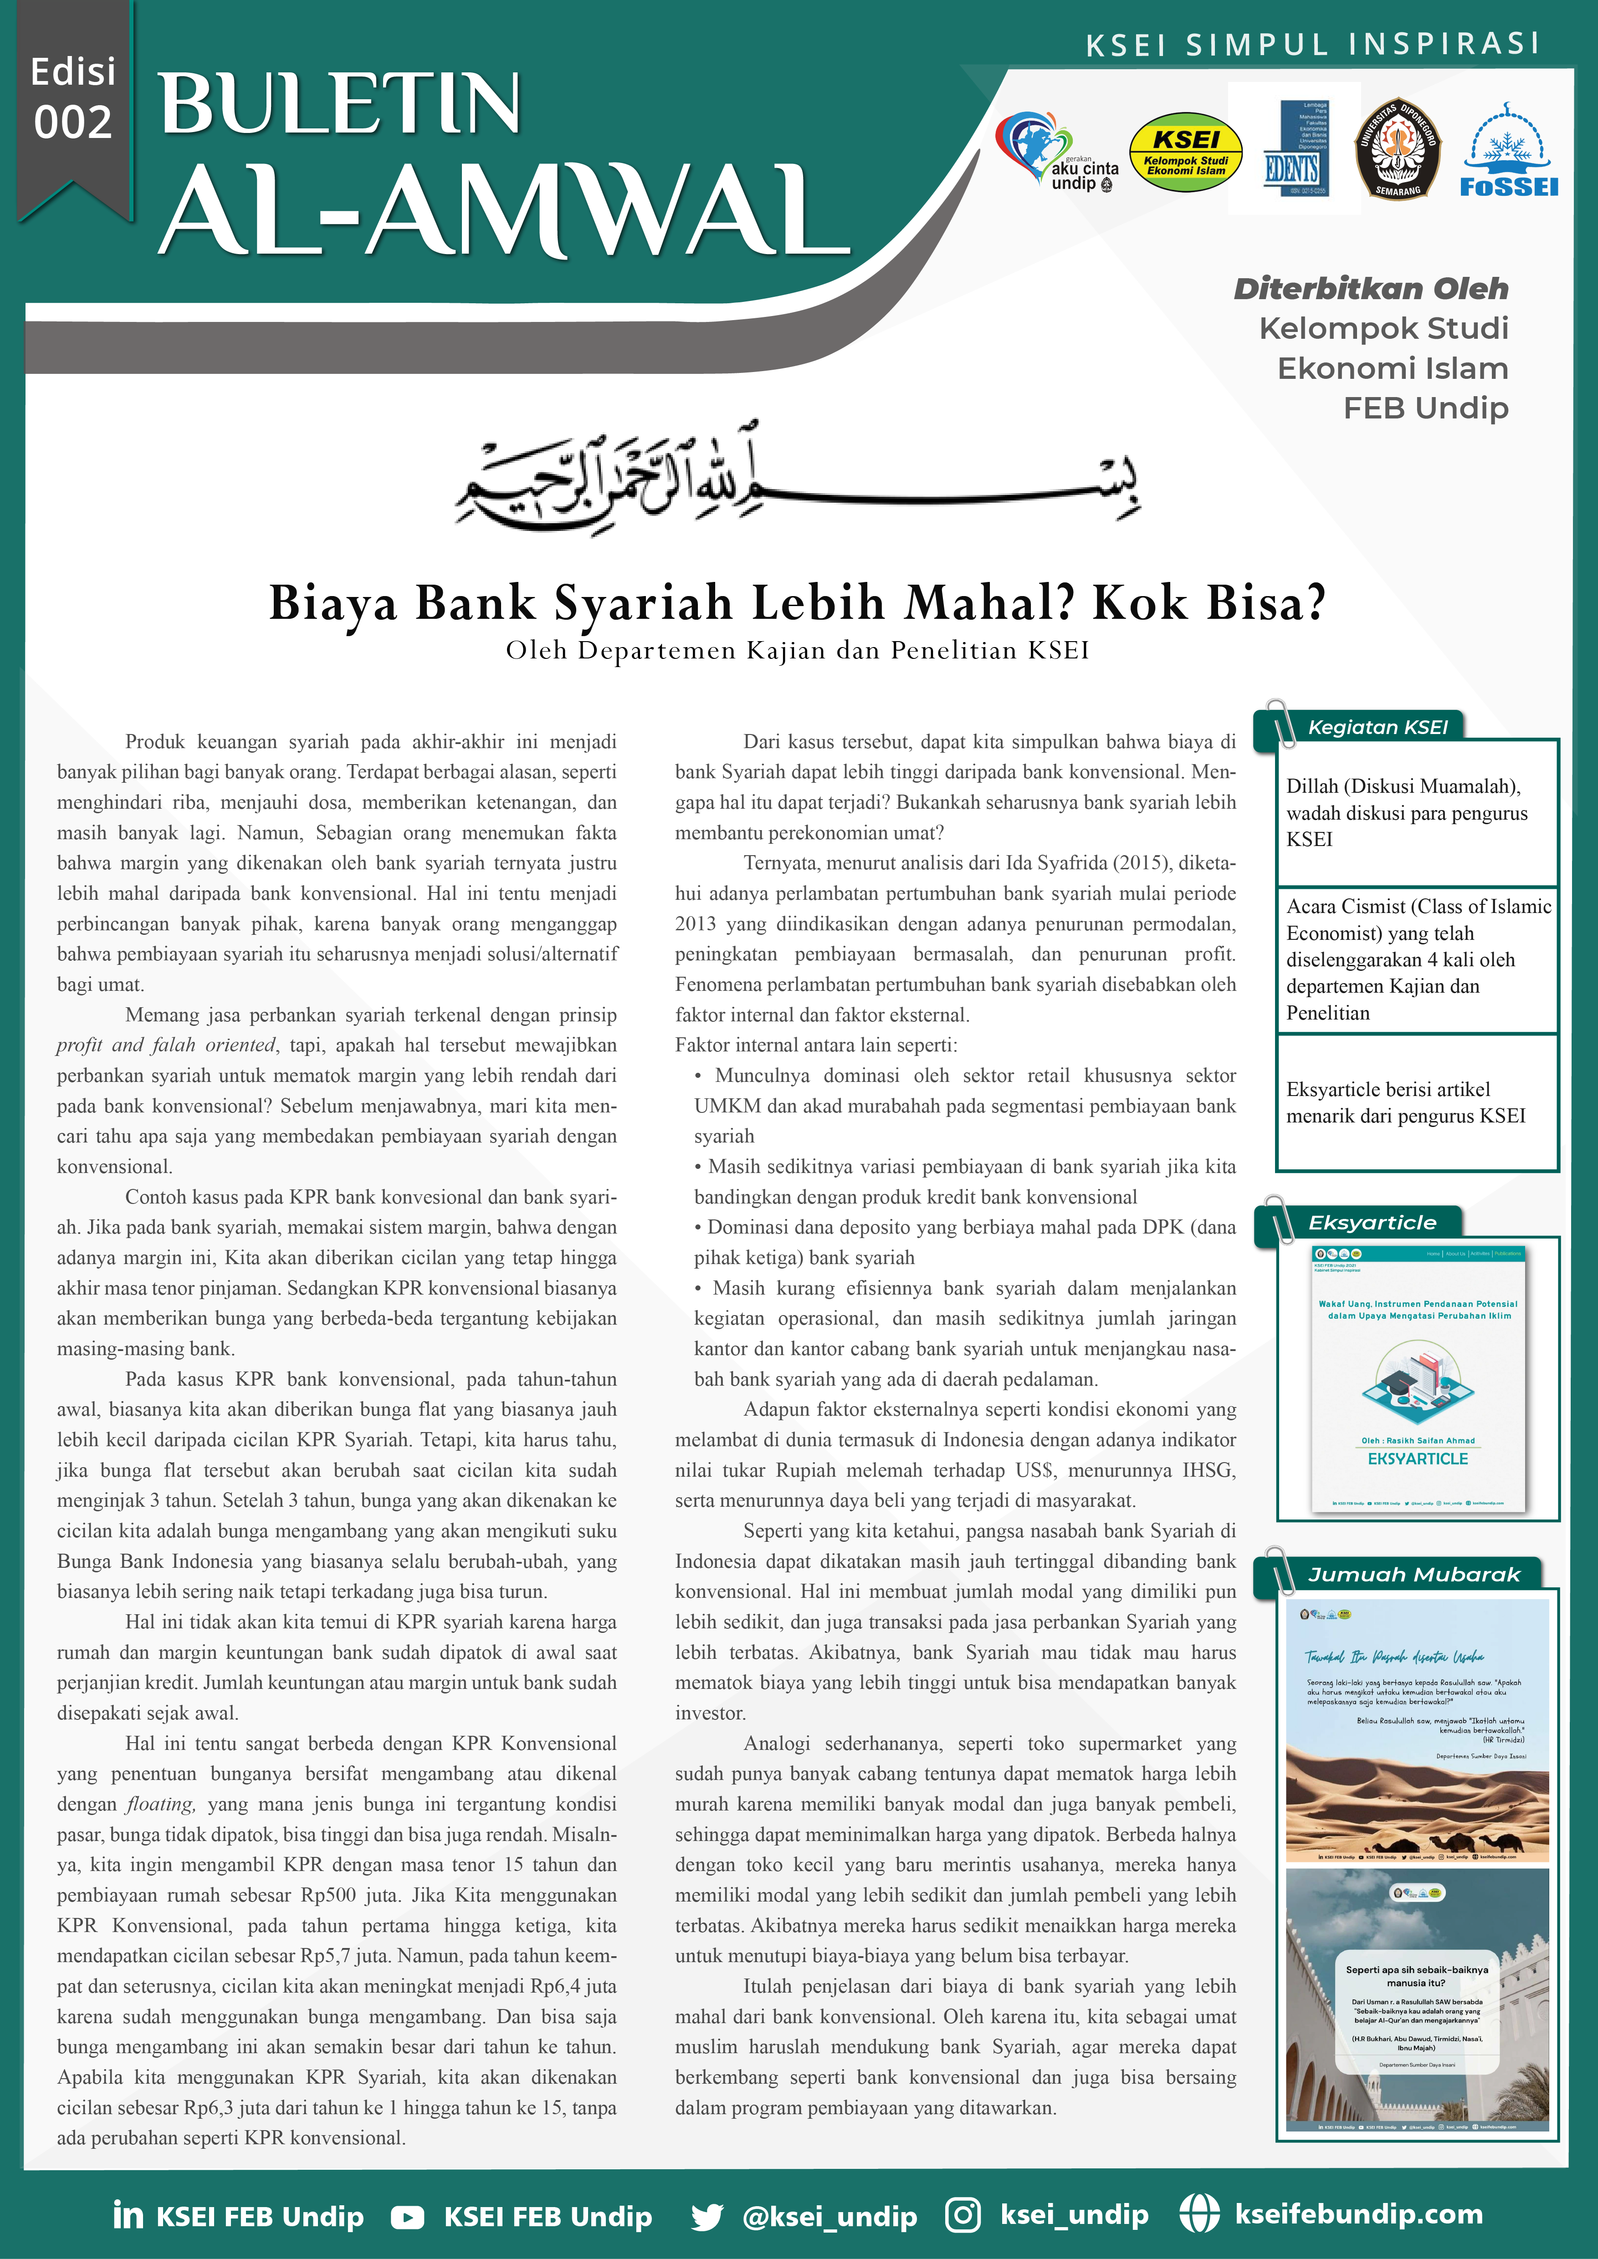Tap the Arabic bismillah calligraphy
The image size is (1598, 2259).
click(797, 477)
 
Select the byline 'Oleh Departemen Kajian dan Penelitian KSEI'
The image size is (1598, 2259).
click(797, 650)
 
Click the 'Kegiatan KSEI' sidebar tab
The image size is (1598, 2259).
click(1378, 727)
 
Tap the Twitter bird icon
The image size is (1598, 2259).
click(707, 2217)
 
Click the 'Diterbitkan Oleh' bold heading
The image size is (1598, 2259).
click(1371, 288)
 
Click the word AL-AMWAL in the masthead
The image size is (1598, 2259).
click(502, 209)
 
